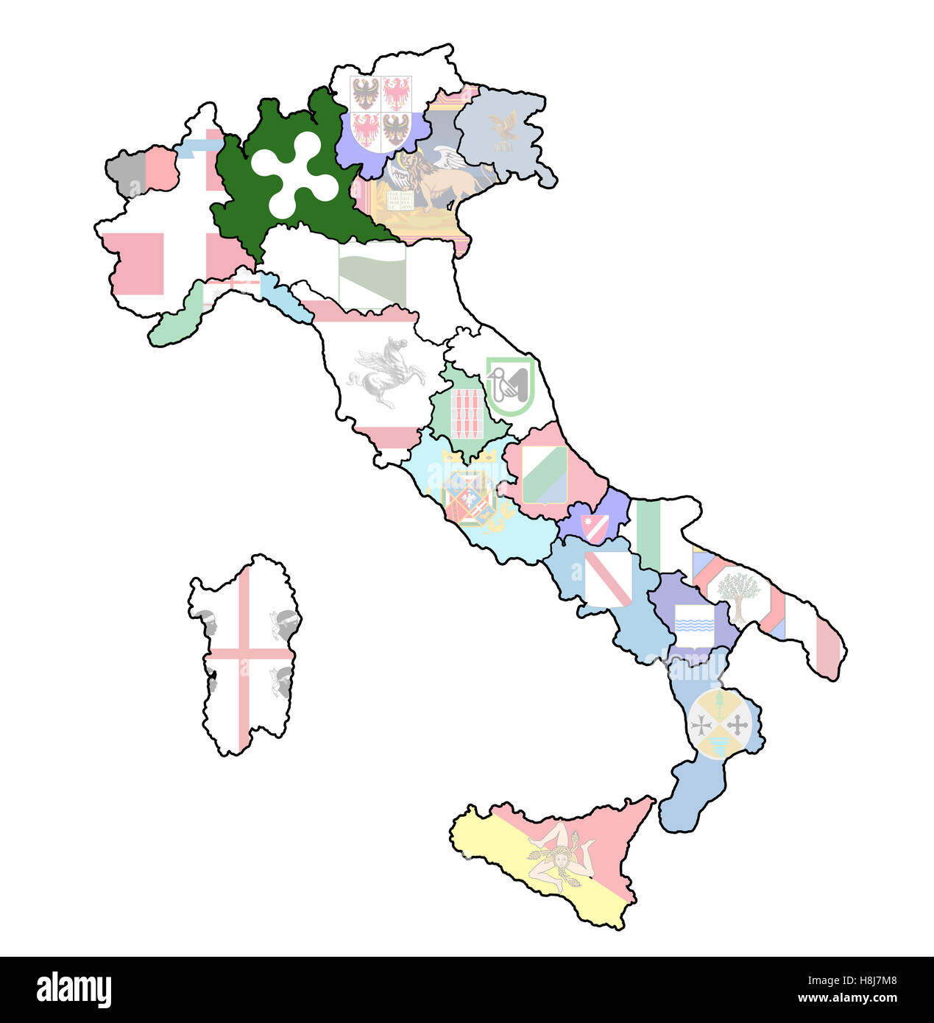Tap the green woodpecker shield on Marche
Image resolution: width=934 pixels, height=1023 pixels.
click(510, 385)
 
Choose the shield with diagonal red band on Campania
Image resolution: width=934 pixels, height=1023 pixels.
click(608, 578)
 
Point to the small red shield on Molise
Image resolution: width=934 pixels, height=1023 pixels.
click(595, 526)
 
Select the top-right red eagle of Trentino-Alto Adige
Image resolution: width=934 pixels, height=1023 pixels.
click(396, 94)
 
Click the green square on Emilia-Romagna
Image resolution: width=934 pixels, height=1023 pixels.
click(372, 275)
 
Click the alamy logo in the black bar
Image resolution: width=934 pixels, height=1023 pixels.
click(74, 991)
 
